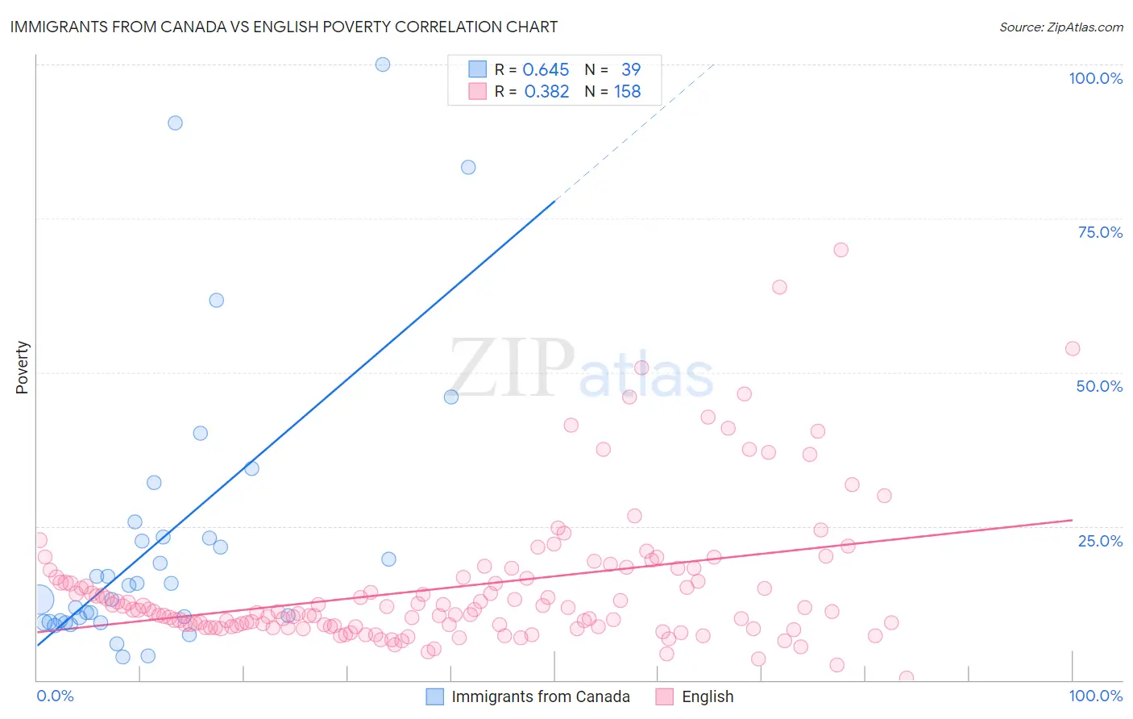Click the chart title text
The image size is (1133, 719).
coord(284,27)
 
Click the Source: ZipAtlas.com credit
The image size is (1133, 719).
coord(1060,27)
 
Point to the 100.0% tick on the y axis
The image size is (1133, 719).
coord(1095,78)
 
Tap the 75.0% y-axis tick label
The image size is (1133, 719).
coord(1100,232)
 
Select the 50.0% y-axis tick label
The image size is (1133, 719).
coord(1099,386)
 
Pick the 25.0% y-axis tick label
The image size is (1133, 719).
coord(1100,541)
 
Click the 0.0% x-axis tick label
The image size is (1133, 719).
coord(55,696)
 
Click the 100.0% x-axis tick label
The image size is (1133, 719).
coord(1095,696)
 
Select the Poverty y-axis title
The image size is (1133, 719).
coord(22,368)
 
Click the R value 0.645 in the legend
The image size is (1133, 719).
coord(546,69)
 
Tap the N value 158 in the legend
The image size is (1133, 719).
coord(627,92)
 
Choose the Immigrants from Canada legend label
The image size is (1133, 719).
coord(540,696)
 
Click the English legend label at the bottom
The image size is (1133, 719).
coord(708,696)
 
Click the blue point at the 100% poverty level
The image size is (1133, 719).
coord(383,64)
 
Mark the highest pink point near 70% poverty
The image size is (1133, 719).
coord(840,250)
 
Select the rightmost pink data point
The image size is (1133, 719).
coord(1073,349)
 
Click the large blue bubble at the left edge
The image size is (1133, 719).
coord(38,600)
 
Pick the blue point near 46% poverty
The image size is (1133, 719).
coord(451,397)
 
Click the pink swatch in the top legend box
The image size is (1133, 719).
coord(478,92)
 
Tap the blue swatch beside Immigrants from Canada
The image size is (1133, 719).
coord(435,696)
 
